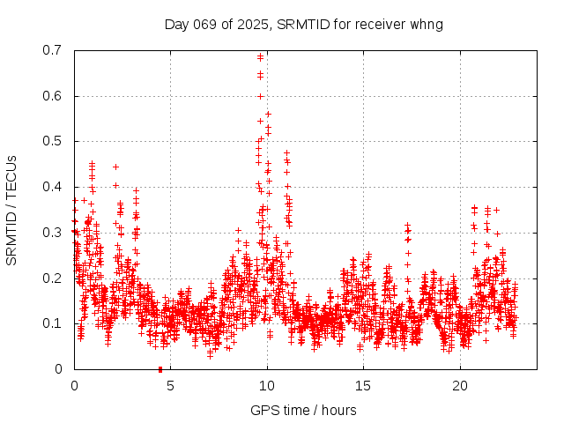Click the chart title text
pos(304,24)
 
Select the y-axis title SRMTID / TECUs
pos(11,210)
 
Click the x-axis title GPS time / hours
pos(304,410)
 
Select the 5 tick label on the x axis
pos(171,386)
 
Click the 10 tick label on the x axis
pos(267,386)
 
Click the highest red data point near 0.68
pos(260,57)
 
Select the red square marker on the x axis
pos(160,369)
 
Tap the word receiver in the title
pos(380,24)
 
